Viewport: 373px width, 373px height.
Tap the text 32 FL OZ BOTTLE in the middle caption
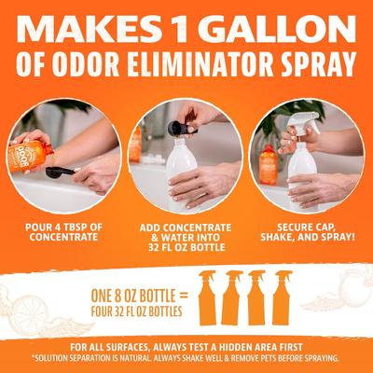pyautogui.click(x=186, y=249)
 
